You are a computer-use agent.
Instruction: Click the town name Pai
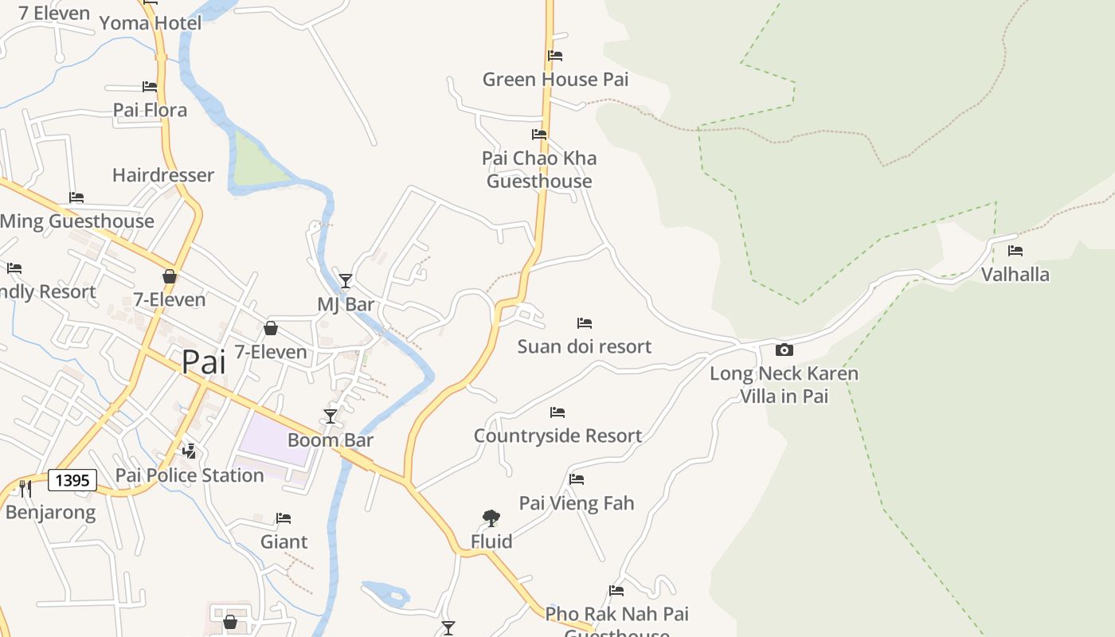click(203, 362)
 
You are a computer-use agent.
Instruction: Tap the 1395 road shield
click(72, 480)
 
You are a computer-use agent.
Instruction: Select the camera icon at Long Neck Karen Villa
click(784, 350)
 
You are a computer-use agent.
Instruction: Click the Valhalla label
click(1015, 275)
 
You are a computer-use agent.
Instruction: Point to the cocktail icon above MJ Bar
click(345, 280)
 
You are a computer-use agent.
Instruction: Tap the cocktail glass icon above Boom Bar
click(331, 416)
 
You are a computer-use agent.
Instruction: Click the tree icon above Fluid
click(491, 518)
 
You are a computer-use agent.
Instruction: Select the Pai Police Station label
click(190, 475)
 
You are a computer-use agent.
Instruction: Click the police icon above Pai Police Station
click(190, 451)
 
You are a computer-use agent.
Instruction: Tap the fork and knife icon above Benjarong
click(25, 487)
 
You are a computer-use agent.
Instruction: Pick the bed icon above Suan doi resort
click(585, 323)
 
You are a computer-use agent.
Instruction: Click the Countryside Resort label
click(557, 436)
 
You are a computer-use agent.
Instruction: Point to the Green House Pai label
click(555, 80)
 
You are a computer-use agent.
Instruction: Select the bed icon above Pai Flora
click(150, 86)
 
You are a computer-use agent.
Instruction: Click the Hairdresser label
click(163, 175)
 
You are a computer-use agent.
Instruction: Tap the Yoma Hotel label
click(151, 23)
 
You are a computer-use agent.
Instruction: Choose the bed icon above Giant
click(284, 518)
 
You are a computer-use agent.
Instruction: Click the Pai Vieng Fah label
click(577, 503)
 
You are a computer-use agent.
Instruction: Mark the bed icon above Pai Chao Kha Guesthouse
click(539, 135)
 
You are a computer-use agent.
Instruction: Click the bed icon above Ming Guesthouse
click(76, 197)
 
